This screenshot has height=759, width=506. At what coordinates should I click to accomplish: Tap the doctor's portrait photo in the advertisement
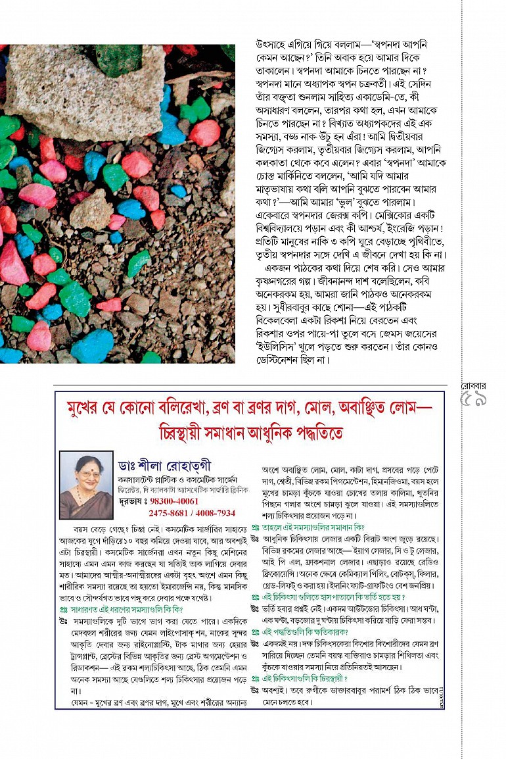pyautogui.click(x=86, y=485)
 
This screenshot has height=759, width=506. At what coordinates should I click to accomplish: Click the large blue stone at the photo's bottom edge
pyautogui.click(x=92, y=346)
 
